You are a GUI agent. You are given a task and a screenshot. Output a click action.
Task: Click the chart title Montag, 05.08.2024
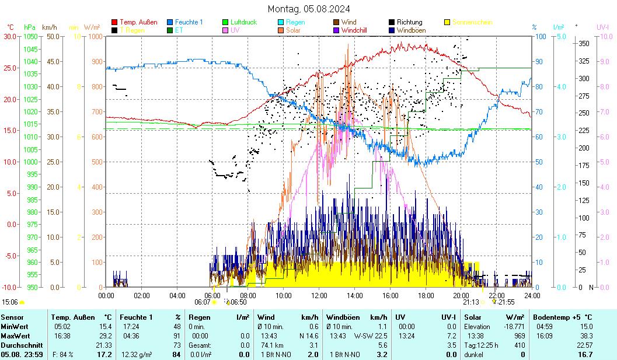point(309,9)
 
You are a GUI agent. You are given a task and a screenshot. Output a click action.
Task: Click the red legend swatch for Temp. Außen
point(114,22)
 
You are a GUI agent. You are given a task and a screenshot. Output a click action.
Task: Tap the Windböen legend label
point(411,30)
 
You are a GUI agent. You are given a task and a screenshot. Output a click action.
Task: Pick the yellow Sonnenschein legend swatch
point(447,22)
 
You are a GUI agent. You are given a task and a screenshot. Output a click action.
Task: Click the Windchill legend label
point(354,30)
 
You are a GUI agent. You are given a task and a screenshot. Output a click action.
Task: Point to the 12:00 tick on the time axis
point(319,295)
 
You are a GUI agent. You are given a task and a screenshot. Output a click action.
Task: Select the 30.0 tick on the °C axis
point(11,36)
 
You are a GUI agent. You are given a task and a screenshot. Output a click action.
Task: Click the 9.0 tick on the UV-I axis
point(603,61)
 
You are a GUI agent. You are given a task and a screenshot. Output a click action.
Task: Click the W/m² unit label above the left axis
point(92,27)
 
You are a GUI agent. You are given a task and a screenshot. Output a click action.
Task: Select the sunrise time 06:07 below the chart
point(202,302)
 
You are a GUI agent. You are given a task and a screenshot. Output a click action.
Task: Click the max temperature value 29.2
point(105,335)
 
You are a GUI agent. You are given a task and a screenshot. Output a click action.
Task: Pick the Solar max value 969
point(520,335)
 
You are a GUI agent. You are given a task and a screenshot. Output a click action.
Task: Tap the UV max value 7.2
point(451,335)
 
